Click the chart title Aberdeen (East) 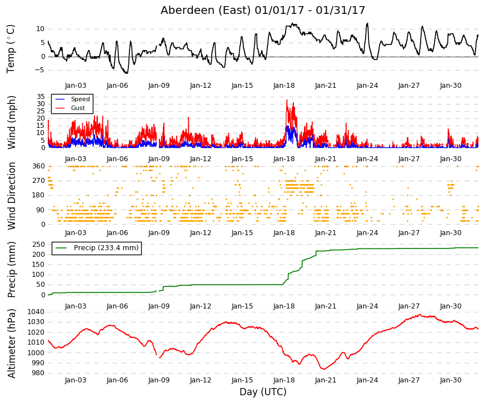point(205,10)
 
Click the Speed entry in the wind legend point(80,99)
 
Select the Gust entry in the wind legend point(78,108)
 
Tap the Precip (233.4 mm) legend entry point(106,248)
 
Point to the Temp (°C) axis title point(11,49)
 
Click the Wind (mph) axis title point(11,123)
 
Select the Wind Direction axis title point(12,196)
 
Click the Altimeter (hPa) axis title point(12,344)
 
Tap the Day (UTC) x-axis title point(263,392)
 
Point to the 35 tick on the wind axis point(41,96)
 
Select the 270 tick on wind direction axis point(39,181)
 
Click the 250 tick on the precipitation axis point(39,244)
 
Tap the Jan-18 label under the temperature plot point(284,86)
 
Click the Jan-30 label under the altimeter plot point(451,380)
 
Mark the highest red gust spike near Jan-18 point(287,100)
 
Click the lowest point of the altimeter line point(323,369)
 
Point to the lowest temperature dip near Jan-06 point(126,73)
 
